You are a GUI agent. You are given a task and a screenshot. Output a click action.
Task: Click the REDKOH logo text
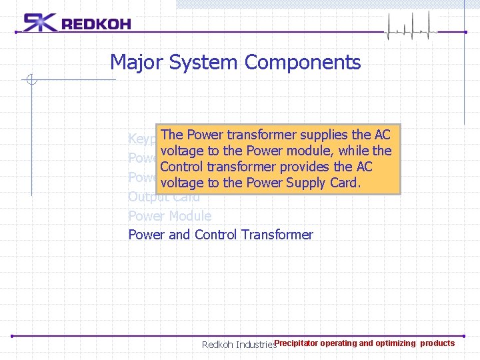click(x=96, y=25)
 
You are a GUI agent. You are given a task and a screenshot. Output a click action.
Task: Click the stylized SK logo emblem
click(x=40, y=23)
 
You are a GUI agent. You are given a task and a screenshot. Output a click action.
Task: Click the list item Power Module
click(x=169, y=216)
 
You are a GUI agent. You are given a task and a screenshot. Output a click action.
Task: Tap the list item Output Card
click(x=164, y=197)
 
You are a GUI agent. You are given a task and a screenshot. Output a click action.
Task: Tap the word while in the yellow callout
click(x=354, y=151)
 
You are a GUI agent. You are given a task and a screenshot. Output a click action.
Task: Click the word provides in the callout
click(x=305, y=167)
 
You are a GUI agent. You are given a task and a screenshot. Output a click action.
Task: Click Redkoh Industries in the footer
click(x=238, y=345)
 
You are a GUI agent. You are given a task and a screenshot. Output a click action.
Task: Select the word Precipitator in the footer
click(x=296, y=343)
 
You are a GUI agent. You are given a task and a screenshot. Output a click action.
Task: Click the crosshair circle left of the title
click(x=31, y=81)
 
